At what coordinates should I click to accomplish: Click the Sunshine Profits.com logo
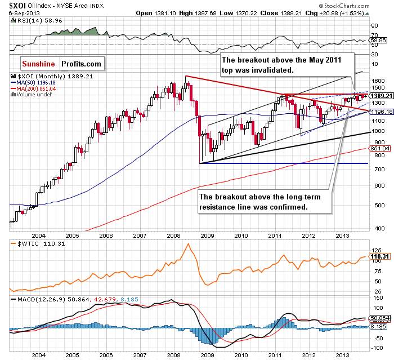pos(62,64)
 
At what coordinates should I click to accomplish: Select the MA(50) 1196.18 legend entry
pos(32,83)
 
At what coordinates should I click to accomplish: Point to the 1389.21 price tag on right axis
pos(380,96)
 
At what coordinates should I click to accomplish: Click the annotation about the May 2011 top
pos(286,64)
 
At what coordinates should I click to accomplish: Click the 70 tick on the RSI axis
pos(373,34)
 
